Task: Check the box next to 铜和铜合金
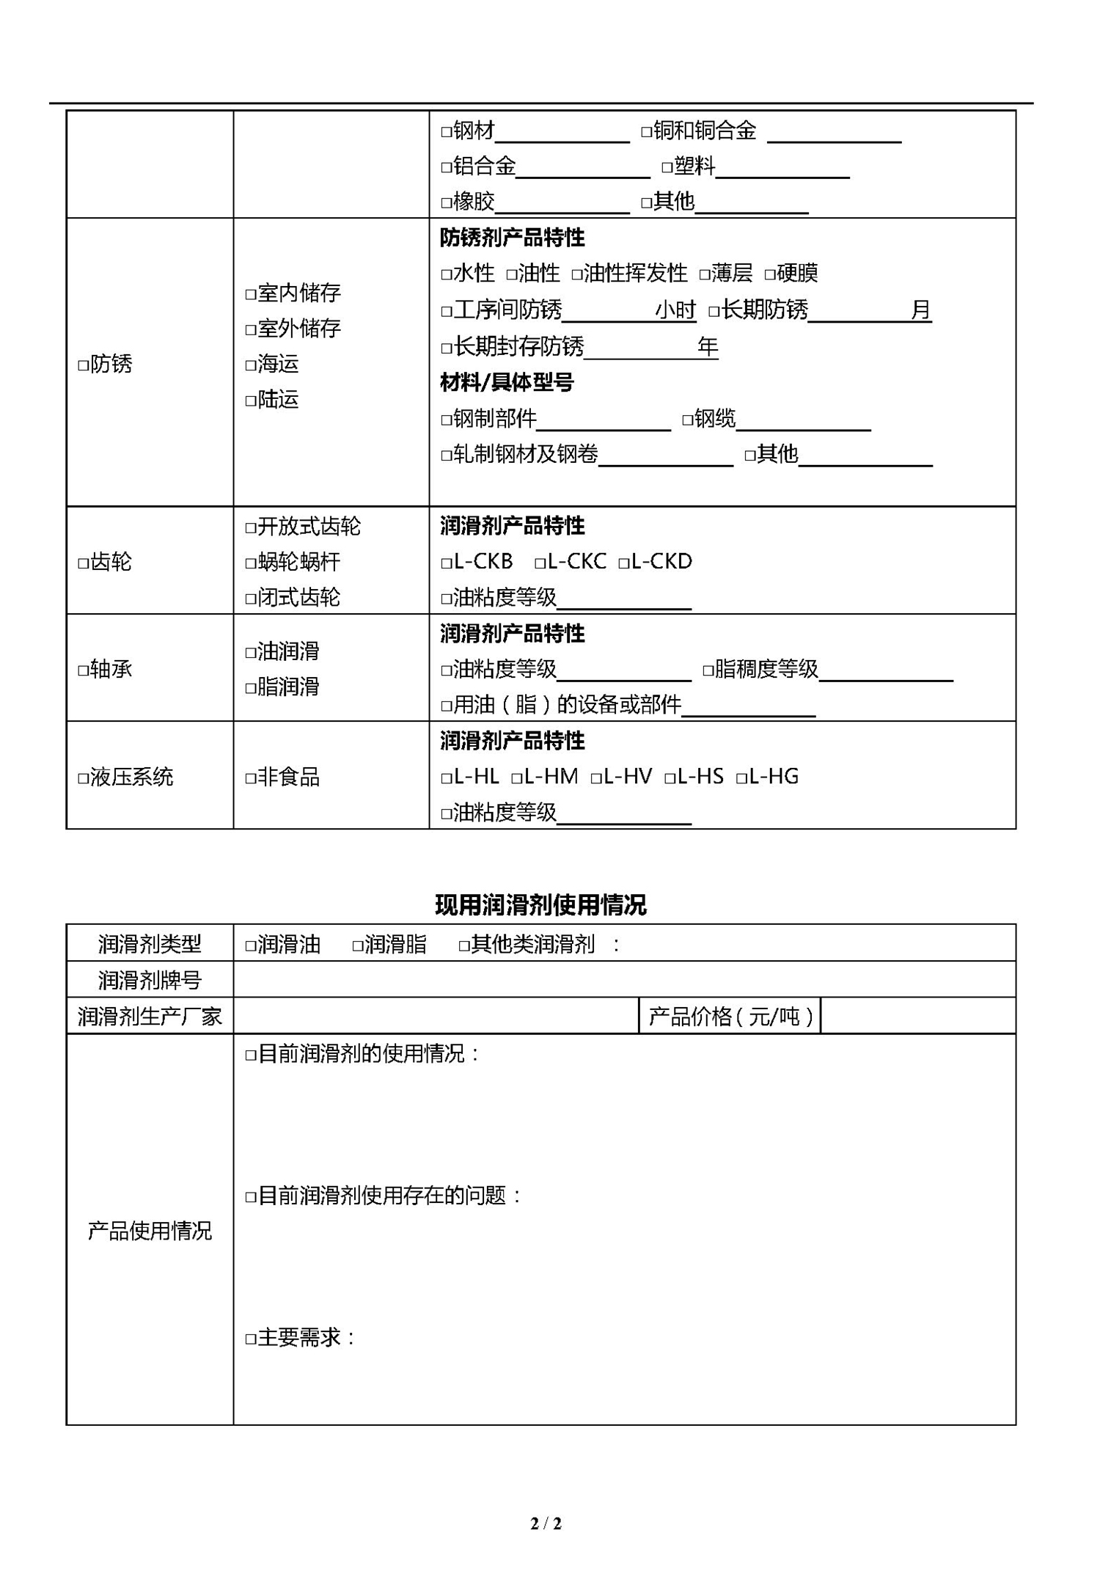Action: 646,132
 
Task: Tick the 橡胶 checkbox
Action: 446,202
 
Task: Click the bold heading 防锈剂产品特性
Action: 512,238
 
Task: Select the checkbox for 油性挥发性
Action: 576,275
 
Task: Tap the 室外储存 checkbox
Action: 250,330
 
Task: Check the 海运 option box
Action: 250,365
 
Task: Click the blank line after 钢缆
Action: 803,420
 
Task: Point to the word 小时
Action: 675,310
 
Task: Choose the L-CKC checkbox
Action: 540,563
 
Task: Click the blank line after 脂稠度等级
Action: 885,670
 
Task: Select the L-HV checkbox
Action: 596,778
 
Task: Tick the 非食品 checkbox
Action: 250,778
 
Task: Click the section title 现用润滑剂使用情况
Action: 540,905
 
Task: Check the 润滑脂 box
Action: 358,945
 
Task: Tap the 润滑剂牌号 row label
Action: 150,980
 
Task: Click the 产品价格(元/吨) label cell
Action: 730,1017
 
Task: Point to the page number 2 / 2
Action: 546,1523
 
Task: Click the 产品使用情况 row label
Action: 150,1231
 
